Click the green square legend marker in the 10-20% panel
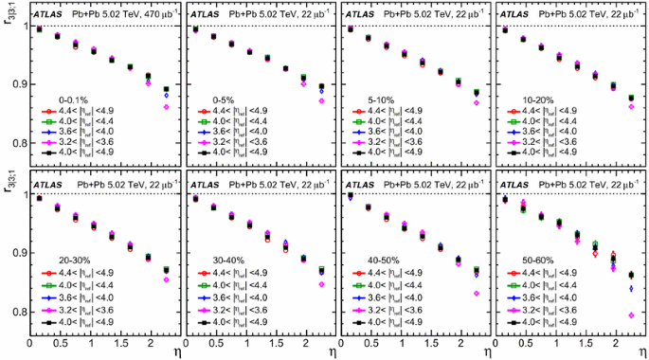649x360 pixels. click(512, 124)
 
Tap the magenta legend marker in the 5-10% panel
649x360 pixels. click(357, 138)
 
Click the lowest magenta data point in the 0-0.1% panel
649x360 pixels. click(167, 107)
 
